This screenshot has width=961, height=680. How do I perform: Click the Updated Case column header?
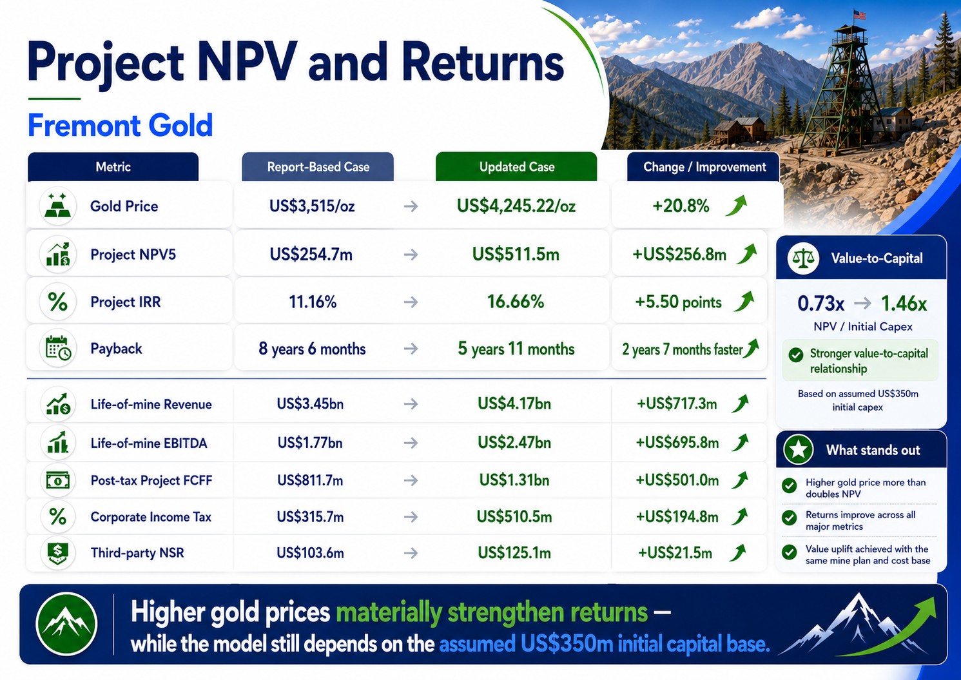click(516, 166)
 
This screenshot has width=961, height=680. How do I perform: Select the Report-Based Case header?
click(318, 166)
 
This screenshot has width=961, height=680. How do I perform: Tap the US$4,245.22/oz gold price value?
click(516, 206)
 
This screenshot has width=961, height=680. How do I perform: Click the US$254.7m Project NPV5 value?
click(311, 255)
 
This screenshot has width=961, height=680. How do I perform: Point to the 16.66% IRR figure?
click(515, 302)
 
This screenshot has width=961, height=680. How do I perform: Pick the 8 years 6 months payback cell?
click(312, 349)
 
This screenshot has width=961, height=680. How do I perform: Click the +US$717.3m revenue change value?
click(677, 403)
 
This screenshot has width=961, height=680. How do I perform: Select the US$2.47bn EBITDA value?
click(514, 442)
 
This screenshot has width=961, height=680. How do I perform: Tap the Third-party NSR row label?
click(137, 552)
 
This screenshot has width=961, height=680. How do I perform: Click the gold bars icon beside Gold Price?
click(58, 206)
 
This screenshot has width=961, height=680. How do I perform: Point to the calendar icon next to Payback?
click(58, 348)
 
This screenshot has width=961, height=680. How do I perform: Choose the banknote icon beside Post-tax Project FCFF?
click(58, 480)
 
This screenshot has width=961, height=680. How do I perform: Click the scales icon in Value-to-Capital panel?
click(802, 258)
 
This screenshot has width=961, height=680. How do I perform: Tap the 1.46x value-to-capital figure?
click(904, 304)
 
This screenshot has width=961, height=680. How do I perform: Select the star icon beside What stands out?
click(798, 450)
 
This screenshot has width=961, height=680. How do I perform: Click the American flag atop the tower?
click(859, 15)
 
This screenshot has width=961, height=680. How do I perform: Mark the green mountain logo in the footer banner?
click(66, 624)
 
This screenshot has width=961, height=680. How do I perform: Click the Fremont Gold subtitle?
click(120, 125)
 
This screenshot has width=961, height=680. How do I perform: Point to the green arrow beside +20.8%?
click(736, 206)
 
